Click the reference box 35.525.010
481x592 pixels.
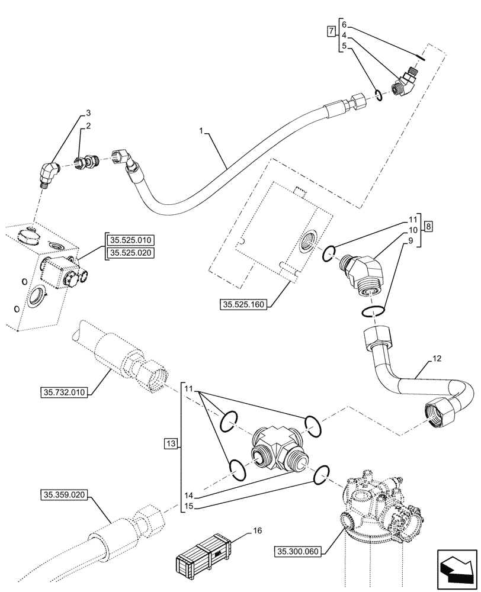(x=130, y=240)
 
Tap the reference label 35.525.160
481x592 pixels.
(x=243, y=305)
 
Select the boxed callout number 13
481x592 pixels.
(x=171, y=444)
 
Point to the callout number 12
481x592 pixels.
(x=437, y=359)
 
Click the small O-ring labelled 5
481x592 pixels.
(x=379, y=94)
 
